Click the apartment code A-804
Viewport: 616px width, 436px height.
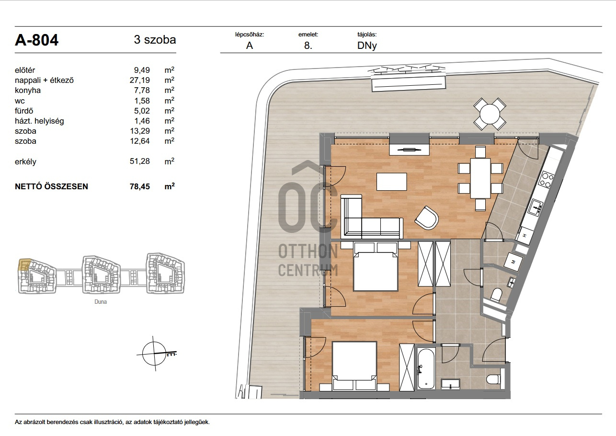pos(36,40)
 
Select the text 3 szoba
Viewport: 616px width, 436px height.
pos(155,40)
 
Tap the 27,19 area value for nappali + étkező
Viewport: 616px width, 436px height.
pos(140,80)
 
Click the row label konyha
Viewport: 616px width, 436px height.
pos(28,90)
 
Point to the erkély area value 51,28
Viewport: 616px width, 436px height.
pos(140,161)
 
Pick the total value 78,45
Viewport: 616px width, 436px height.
pos(140,186)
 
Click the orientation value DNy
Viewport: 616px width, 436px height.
pos(367,46)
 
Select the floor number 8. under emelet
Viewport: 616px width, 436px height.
pos(308,46)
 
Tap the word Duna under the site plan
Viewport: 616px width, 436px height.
pos(101,302)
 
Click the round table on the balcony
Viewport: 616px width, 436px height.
pos(490,114)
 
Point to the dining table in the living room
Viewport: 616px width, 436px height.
pos(480,178)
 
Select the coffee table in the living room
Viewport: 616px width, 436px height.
pos(392,182)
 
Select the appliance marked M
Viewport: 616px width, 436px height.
pos(513,261)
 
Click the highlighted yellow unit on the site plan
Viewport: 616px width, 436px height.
pos(24,265)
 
